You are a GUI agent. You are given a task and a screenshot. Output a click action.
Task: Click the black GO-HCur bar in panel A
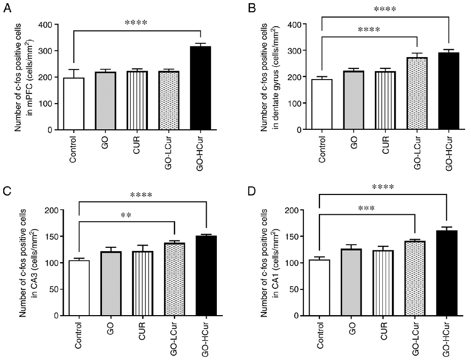[200, 88]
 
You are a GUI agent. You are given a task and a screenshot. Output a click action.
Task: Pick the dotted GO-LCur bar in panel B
[417, 94]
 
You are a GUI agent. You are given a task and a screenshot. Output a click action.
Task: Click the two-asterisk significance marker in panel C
[127, 216]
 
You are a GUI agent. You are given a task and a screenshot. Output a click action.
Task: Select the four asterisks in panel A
[136, 23]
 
